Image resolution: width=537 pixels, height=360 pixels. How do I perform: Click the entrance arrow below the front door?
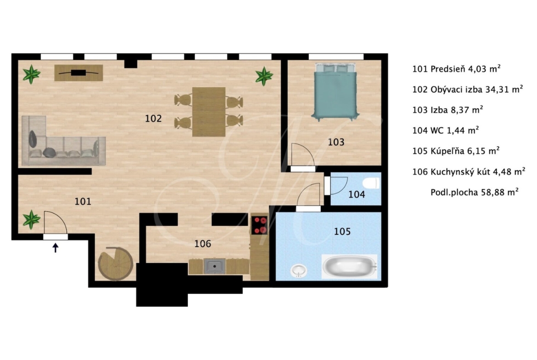(x=55, y=248)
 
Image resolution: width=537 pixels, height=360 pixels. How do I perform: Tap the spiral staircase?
(x=115, y=264)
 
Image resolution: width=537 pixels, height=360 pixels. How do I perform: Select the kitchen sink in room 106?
(x=214, y=266)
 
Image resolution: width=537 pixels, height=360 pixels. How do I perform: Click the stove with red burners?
(x=260, y=225)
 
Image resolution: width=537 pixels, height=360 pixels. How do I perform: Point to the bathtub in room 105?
(x=349, y=266)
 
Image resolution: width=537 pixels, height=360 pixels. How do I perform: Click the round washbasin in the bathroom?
(x=299, y=271)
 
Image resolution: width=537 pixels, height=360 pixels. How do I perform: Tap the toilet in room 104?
(x=372, y=183)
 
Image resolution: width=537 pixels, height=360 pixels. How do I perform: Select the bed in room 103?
(x=335, y=92)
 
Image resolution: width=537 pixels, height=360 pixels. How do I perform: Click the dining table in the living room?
(x=208, y=112)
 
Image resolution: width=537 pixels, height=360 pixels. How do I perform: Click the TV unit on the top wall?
(x=79, y=73)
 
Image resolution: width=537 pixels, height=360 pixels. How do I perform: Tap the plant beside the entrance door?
(x=31, y=219)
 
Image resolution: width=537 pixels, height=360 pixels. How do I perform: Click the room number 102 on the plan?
(x=153, y=118)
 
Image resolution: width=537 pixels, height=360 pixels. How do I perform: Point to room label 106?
(x=202, y=244)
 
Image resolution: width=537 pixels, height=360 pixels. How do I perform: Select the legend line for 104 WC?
(x=446, y=130)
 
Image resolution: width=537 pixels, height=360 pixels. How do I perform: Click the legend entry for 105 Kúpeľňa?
(x=456, y=150)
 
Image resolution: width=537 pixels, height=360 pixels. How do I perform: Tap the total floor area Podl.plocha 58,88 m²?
(x=474, y=192)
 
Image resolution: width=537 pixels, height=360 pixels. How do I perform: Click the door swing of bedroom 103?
(x=303, y=155)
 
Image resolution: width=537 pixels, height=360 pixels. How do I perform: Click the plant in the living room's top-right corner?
(x=264, y=76)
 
